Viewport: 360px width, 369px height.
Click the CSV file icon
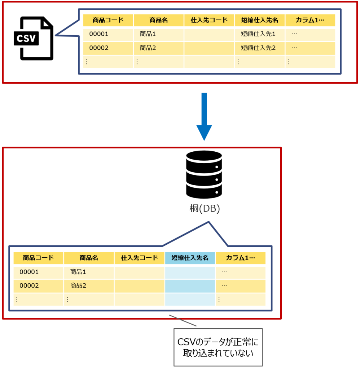33,39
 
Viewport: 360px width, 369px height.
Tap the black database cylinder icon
204,174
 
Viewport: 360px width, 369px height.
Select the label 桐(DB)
204,208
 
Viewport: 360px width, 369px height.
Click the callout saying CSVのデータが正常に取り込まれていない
218,347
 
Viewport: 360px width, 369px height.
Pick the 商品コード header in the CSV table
108,20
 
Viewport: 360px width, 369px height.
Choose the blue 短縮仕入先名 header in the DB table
190,258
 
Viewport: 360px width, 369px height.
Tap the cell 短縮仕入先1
258,34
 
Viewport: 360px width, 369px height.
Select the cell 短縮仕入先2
258,48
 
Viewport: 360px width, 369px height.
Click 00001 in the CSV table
99,34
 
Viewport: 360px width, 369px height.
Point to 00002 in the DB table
29,285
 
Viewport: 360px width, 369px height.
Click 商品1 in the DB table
78,272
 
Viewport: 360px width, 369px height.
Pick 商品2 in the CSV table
148,48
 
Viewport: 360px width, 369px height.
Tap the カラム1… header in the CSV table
310,20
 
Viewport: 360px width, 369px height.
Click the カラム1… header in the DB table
240,258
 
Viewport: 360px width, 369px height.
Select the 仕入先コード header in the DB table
139,258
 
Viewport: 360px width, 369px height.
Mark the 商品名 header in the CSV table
158,20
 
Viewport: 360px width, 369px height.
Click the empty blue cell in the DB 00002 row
190,286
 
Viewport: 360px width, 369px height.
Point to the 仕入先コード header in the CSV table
209,20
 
